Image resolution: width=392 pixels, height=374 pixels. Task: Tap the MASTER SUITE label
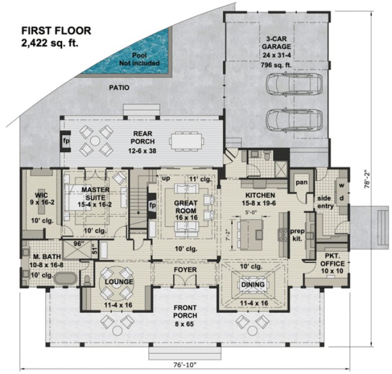[x=95, y=194]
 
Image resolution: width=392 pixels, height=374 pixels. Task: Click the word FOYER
[x=186, y=269]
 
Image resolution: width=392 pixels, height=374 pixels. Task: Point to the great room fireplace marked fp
[x=151, y=205]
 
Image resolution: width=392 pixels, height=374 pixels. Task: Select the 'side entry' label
[x=325, y=203]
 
